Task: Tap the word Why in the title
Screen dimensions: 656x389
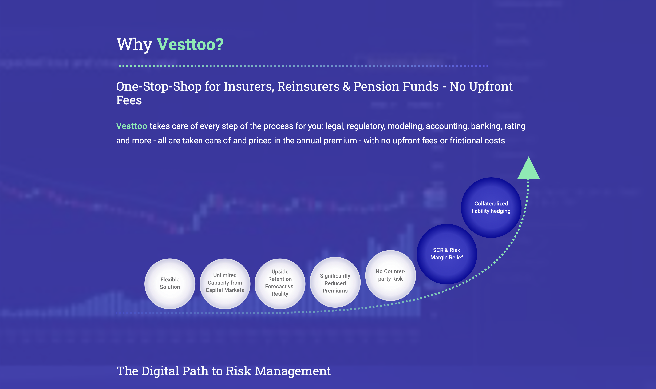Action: click(134, 45)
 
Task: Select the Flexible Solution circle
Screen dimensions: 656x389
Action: click(170, 284)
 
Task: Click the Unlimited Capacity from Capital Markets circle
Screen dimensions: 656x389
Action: click(225, 284)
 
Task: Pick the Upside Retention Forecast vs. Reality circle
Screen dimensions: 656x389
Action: click(280, 284)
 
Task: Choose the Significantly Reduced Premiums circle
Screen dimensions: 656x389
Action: click(335, 282)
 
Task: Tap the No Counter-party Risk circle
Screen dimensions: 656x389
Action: click(390, 275)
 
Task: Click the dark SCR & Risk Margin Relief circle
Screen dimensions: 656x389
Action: click(447, 254)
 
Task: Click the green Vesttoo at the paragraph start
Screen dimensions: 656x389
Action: click(132, 126)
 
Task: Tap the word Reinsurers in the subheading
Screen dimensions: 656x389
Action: click(308, 86)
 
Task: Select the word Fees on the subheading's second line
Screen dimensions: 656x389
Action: click(129, 100)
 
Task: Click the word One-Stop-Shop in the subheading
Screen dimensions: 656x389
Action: click(159, 87)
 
